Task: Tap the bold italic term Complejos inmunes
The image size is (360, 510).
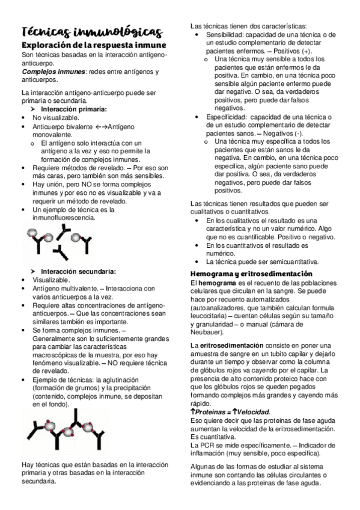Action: [x=45, y=72]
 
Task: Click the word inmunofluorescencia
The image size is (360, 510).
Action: [x=63, y=218]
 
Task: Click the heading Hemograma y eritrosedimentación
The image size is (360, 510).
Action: [x=246, y=273]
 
